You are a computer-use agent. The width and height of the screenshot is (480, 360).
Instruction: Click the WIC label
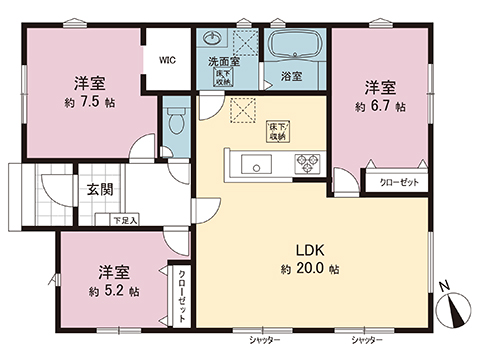click(167, 59)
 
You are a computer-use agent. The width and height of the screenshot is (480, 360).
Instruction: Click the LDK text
click(309, 250)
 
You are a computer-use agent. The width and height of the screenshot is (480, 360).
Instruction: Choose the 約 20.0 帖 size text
click(309, 269)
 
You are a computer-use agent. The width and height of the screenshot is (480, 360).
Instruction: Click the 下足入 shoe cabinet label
click(124, 219)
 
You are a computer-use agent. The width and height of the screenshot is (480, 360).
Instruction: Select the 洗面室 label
click(221, 62)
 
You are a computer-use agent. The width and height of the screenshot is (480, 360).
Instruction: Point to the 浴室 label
click(291, 76)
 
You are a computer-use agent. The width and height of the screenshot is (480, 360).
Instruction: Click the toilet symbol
click(176, 121)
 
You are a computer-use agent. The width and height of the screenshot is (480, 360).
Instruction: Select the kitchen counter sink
click(252, 163)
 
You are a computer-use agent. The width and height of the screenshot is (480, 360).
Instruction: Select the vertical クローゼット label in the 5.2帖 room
click(182, 295)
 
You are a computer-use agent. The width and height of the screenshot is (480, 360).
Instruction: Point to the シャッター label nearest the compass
click(366, 341)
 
